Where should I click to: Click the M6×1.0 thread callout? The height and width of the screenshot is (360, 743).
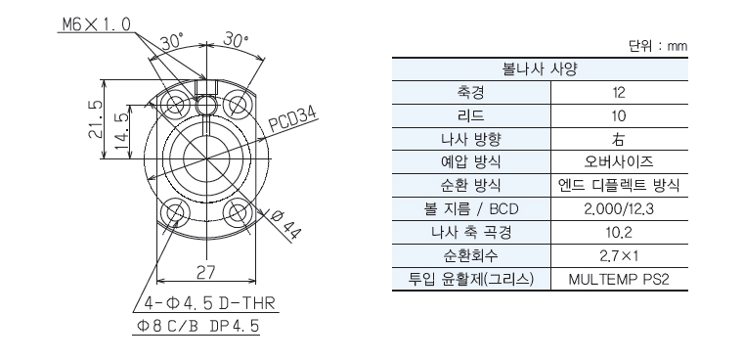pyautogui.click(x=96, y=24)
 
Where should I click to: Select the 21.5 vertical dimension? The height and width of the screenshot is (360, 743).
pyautogui.click(x=96, y=119)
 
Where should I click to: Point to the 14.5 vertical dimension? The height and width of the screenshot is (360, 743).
pyautogui.click(x=122, y=131)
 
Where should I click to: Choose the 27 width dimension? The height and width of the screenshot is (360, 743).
pyautogui.click(x=205, y=272)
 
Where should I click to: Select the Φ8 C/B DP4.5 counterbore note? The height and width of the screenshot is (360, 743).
pyautogui.click(x=198, y=327)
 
